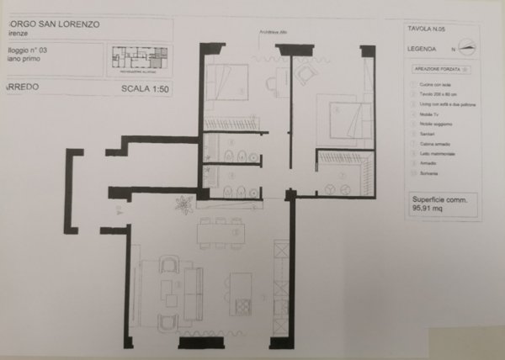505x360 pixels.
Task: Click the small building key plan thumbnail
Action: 140,57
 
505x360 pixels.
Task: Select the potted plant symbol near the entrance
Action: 181,203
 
